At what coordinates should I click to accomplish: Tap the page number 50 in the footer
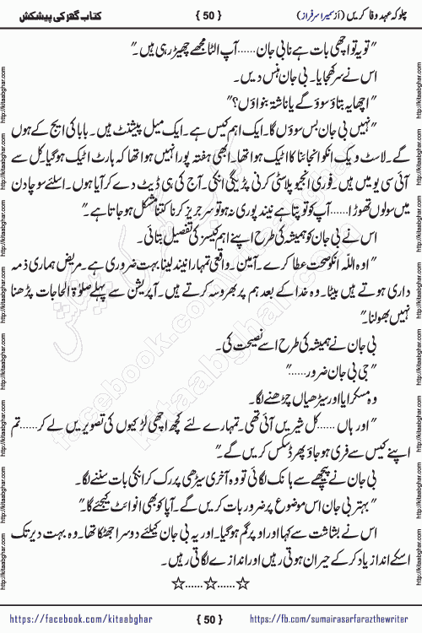click(210, 618)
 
